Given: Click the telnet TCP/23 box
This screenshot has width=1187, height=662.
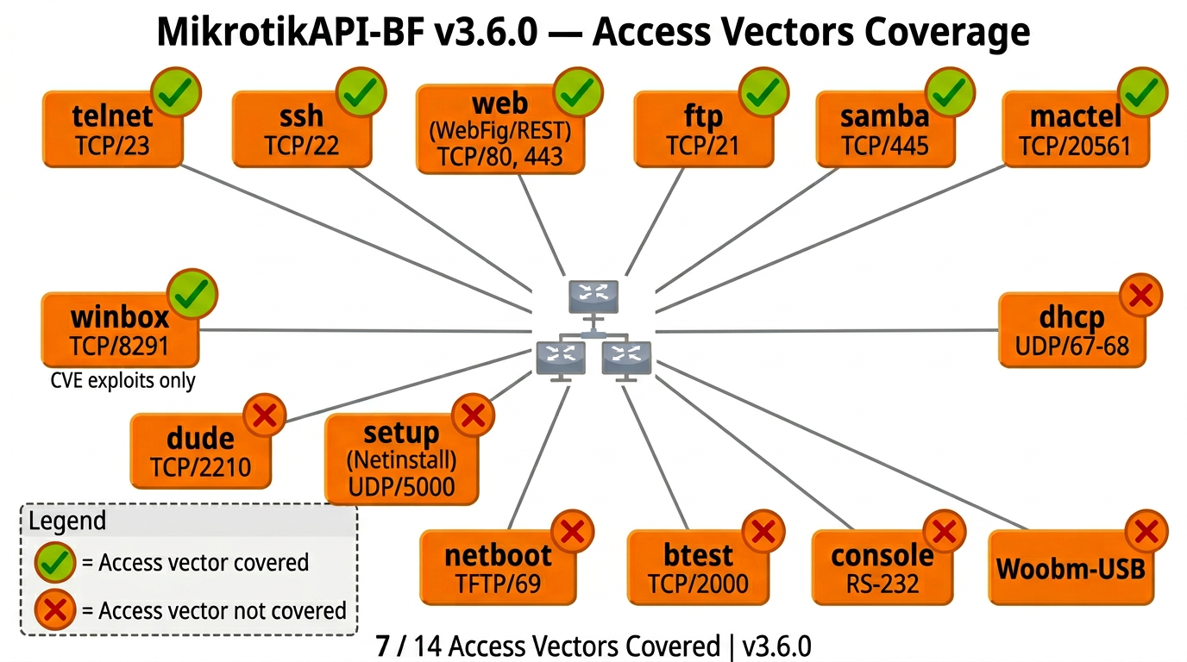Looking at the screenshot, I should [112, 129].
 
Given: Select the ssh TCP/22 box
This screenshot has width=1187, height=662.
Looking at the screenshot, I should [301, 129].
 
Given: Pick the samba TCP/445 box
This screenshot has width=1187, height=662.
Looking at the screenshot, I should [885, 129].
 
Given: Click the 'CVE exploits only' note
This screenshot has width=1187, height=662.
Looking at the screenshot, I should [122, 380].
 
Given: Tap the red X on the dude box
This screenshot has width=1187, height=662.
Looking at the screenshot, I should [267, 416].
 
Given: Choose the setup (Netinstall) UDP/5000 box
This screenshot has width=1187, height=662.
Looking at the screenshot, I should [401, 459].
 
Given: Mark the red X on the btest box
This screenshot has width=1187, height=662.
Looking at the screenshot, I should [763, 532].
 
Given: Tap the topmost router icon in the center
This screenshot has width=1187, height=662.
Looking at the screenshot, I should [593, 296].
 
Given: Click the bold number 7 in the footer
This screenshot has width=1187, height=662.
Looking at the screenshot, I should [382, 646].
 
